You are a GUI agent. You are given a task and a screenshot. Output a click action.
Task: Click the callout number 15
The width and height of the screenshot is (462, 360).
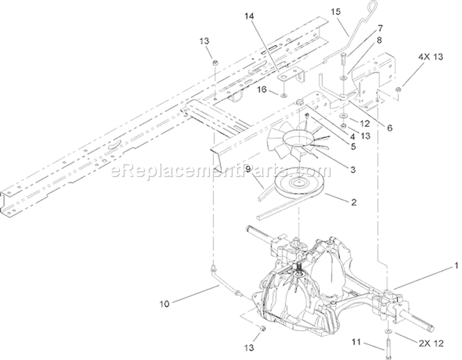click(336, 12)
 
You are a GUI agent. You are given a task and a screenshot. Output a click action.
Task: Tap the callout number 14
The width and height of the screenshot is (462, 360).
click(249, 17)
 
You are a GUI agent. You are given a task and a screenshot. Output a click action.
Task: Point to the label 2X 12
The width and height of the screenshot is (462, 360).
click(431, 343)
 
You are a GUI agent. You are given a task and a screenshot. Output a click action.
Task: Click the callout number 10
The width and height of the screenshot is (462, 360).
click(164, 304)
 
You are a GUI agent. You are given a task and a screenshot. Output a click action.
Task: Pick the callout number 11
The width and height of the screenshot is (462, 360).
click(357, 342)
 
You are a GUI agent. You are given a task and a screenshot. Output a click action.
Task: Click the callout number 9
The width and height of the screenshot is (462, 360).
click(248, 169)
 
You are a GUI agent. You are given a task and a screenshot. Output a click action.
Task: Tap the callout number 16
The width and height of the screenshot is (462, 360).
click(262, 89)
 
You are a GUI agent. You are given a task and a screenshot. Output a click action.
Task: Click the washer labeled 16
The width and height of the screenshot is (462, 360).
click(283, 95)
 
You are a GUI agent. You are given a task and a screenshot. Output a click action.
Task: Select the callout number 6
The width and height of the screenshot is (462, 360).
click(389, 128)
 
